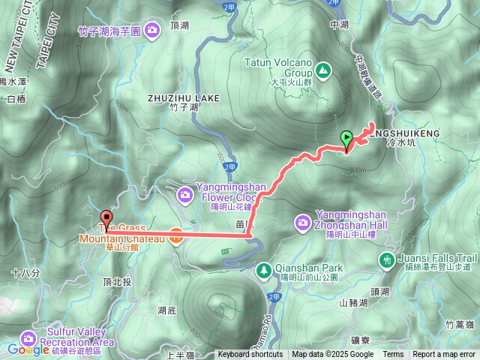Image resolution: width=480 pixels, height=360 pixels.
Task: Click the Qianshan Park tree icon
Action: click(x=263, y=269)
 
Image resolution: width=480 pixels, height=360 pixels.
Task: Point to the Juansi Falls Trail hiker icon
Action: click(x=387, y=259)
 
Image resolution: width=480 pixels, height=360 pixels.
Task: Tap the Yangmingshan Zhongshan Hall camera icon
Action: click(x=302, y=221)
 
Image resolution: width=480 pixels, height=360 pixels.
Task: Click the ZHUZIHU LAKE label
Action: click(x=184, y=98)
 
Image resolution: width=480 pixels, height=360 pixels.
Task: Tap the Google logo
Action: click(x=28, y=349)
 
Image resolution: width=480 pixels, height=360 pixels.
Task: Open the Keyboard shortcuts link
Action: click(x=250, y=355)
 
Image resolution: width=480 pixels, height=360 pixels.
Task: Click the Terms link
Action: click(x=393, y=355)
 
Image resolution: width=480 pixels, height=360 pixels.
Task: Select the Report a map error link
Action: click(x=444, y=355)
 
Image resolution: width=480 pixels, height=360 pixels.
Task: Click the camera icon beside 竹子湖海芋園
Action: click(x=152, y=30)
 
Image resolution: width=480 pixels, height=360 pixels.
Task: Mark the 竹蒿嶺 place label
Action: click(x=458, y=324)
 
